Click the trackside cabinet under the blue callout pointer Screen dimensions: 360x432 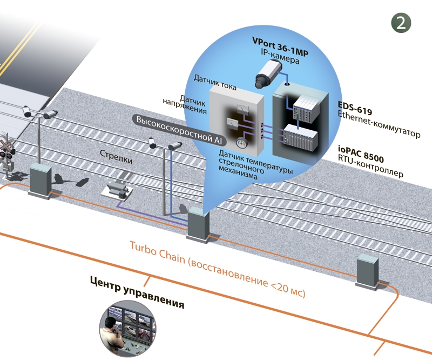[x=198, y=223]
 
